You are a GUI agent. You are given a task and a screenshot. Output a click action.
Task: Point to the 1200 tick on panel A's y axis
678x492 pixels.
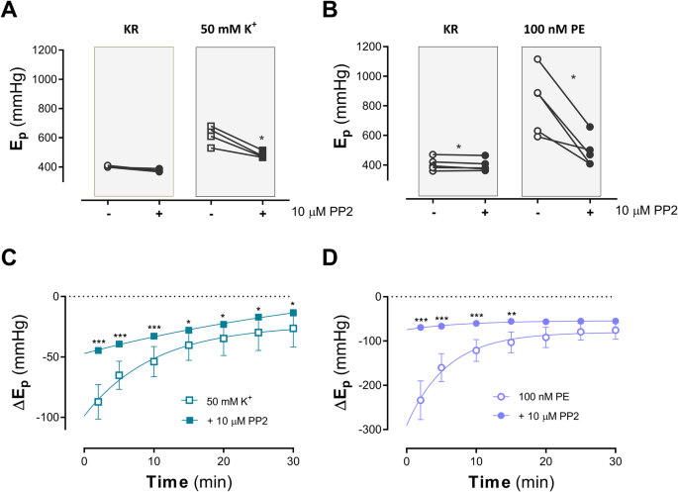coord(66,49)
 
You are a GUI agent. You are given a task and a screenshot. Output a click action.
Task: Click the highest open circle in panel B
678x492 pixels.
coord(537,59)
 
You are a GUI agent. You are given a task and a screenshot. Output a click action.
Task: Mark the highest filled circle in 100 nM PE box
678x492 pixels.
coord(590,127)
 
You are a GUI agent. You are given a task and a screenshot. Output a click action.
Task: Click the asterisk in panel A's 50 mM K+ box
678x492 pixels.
coord(261,140)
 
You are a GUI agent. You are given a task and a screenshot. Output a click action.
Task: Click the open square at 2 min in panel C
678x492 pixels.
coord(97,401)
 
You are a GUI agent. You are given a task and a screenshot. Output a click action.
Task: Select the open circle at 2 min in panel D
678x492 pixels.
coord(422,400)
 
